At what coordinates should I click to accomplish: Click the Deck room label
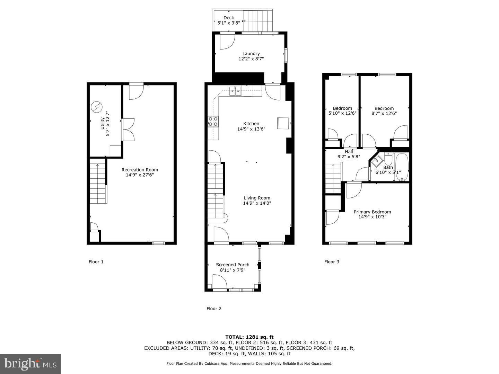click(228, 18)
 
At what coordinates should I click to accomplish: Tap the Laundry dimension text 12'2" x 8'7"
click(251, 59)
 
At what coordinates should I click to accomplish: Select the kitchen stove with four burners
click(213, 121)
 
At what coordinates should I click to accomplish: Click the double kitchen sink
click(236, 92)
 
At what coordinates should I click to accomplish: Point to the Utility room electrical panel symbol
click(96, 107)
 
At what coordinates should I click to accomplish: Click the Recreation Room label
click(140, 170)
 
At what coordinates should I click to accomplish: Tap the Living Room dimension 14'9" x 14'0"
click(257, 203)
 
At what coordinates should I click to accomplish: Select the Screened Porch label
click(233, 265)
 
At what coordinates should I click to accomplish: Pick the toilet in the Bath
click(388, 159)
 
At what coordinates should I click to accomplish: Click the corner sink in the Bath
click(376, 160)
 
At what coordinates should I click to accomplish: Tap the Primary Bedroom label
click(372, 212)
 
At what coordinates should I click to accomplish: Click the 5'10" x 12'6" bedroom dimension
click(342, 113)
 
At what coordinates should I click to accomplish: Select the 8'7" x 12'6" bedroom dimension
click(384, 113)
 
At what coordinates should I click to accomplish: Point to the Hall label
click(349, 152)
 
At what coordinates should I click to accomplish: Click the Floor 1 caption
click(96, 262)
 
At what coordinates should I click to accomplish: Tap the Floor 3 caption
click(332, 262)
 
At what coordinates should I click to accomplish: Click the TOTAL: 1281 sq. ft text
click(249, 337)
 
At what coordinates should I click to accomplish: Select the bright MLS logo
click(30, 364)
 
